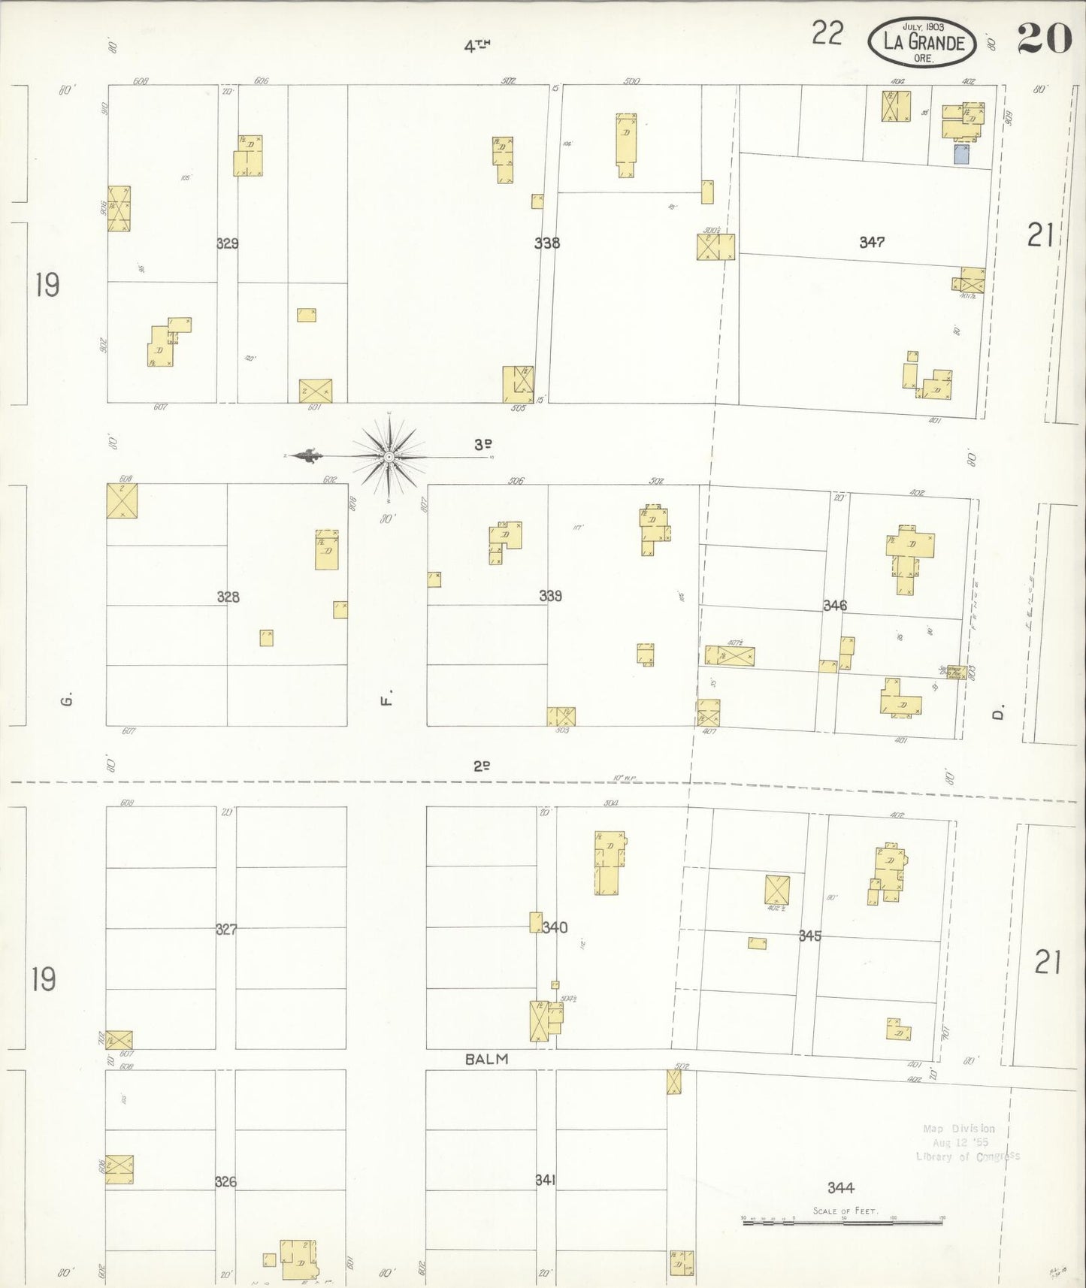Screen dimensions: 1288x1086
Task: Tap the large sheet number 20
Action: coord(1044,39)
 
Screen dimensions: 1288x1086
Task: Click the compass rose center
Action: coord(389,456)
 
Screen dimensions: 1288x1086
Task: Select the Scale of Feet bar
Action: coord(842,1223)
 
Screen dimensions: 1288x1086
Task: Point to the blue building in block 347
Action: coord(961,155)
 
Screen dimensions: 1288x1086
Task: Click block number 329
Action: coord(227,243)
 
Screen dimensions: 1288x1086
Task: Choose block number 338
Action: coord(546,243)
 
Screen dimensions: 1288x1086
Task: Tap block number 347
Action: coord(872,242)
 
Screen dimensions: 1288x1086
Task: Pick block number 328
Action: coord(228,597)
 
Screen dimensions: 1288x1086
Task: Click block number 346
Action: coord(834,605)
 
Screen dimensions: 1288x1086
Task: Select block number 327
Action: coord(226,930)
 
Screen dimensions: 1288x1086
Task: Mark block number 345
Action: coord(809,936)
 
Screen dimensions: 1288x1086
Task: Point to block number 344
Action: coord(840,1188)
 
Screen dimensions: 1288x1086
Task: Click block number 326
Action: coord(225,1182)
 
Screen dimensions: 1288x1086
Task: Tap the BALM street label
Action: coord(486,1059)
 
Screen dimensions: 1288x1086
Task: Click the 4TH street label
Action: coord(476,47)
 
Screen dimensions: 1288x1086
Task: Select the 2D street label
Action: coord(482,766)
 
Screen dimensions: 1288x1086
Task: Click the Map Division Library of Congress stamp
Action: coord(967,1143)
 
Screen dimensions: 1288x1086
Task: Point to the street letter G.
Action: coord(67,700)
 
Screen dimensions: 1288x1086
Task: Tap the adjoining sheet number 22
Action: coord(827,34)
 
